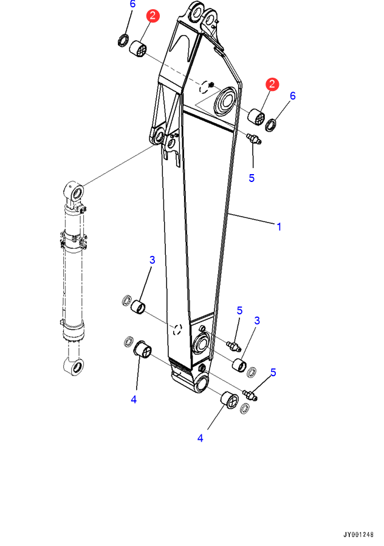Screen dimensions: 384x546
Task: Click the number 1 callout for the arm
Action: [x=279, y=227]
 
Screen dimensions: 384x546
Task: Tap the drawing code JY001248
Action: [x=358, y=534]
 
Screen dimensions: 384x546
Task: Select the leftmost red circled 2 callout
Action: [x=153, y=16]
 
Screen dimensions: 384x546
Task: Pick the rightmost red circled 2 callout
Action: [x=272, y=84]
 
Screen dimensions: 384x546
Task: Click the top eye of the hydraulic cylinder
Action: [x=74, y=191]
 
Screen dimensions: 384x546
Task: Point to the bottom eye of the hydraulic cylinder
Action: [x=74, y=367]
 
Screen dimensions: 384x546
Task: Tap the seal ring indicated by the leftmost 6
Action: [x=123, y=41]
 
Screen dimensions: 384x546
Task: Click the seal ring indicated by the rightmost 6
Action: [x=271, y=125]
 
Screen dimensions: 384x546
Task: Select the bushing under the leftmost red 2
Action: [x=138, y=49]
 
